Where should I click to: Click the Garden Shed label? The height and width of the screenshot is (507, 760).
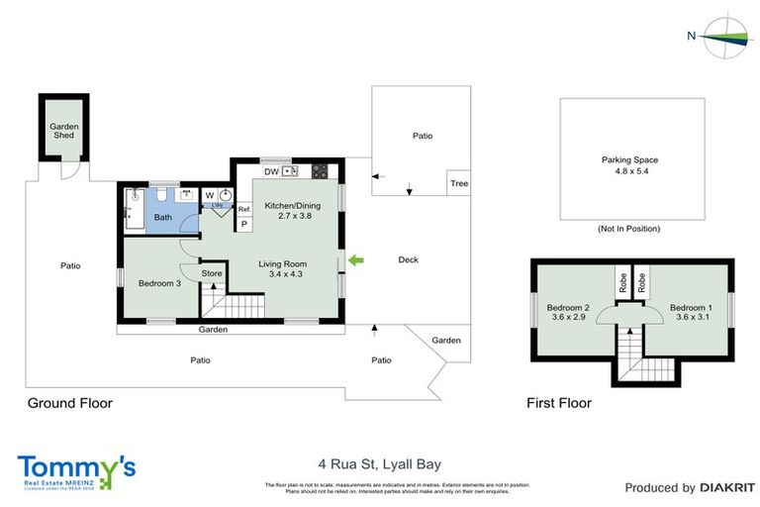[64, 132]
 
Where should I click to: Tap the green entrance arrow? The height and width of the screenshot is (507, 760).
[356, 260]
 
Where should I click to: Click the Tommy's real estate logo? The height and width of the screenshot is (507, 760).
[76, 470]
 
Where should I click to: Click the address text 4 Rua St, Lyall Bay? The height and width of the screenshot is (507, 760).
[379, 463]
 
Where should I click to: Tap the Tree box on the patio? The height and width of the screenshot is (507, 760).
[458, 183]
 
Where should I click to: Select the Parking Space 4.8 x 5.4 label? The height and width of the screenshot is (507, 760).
[629, 165]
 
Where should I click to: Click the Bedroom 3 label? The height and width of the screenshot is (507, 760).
[158, 284]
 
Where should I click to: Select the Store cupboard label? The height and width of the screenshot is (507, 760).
[211, 273]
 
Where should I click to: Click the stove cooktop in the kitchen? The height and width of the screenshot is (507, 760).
[321, 170]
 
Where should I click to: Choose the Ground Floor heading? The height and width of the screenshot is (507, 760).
[69, 403]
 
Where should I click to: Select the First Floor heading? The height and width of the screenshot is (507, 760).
[559, 403]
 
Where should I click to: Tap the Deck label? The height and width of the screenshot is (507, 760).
[408, 260]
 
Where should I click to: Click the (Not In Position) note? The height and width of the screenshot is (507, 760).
[629, 229]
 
